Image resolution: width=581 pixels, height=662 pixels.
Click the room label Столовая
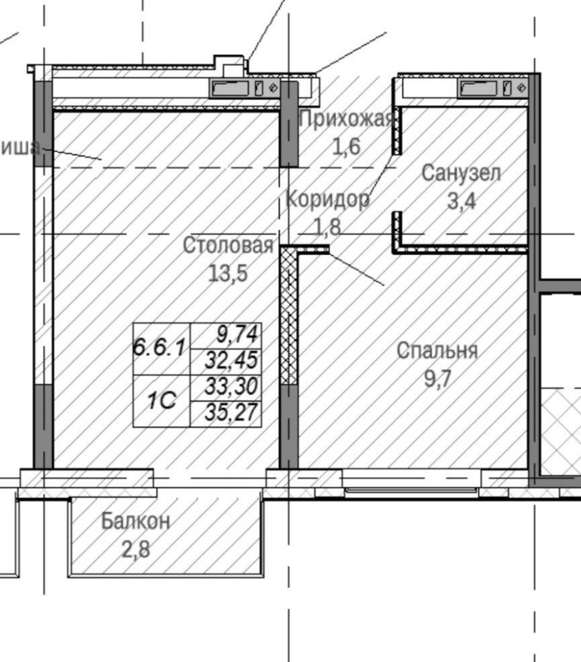(x=228, y=245)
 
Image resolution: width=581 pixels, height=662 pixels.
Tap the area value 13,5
(x=228, y=273)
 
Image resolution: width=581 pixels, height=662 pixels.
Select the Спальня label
(x=437, y=351)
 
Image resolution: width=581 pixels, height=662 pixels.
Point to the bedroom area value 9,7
(x=437, y=378)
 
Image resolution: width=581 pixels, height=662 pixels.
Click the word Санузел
(x=461, y=173)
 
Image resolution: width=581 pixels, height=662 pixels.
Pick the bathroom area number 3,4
(x=462, y=201)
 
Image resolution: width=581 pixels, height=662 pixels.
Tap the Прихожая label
(x=346, y=119)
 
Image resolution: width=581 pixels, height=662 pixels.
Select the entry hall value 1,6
(x=346, y=146)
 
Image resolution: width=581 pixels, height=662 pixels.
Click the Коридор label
(x=328, y=199)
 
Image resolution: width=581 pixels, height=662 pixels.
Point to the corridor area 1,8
(x=328, y=226)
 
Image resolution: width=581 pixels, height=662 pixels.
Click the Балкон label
(x=136, y=521)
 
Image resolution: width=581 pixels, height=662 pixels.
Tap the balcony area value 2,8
(x=136, y=550)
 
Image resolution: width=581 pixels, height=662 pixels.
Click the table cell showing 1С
(x=161, y=401)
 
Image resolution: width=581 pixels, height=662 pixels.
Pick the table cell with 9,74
(x=226, y=336)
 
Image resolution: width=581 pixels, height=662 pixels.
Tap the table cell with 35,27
(x=226, y=414)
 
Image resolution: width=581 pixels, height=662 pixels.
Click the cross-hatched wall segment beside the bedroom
(x=289, y=315)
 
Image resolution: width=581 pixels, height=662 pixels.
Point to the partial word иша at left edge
(x=20, y=148)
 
